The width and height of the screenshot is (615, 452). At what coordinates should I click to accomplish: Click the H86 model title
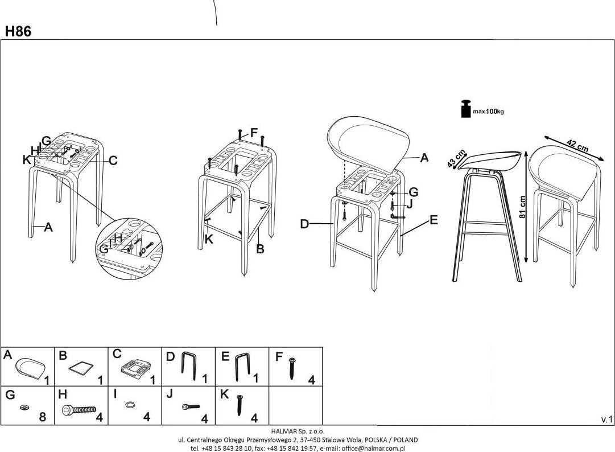[x=18, y=32]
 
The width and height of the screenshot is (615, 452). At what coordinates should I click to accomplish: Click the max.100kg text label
[x=489, y=112]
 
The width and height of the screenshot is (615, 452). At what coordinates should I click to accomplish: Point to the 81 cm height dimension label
[x=523, y=206]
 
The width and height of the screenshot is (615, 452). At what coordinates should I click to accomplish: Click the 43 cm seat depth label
[x=457, y=159]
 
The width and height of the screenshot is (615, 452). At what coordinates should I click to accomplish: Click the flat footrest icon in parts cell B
[x=81, y=367]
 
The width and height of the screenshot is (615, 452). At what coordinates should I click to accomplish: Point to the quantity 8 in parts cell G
[x=43, y=417]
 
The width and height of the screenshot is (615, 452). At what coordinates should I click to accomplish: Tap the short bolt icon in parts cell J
[x=190, y=406]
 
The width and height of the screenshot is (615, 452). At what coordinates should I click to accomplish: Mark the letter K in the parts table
[x=224, y=393]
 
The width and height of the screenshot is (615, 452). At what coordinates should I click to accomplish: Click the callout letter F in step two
[x=254, y=132]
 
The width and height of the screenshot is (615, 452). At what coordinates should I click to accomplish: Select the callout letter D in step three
[x=304, y=224]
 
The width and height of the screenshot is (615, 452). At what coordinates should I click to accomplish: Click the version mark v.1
[x=606, y=420]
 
